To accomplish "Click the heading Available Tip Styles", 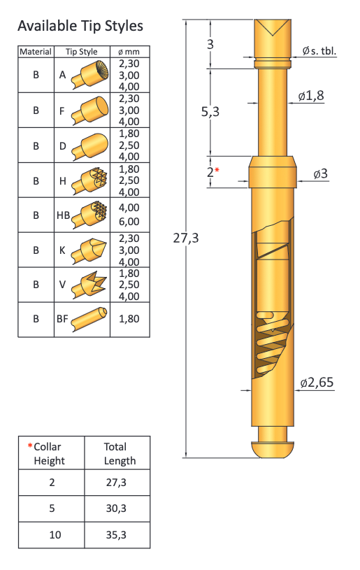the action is coord(80,26).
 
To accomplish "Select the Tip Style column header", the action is coord(81,52).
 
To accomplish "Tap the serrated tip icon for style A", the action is coord(90,75).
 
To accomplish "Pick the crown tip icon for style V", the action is coord(89,285).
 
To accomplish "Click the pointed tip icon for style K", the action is coord(89,250).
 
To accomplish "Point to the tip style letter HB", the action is coord(63,215).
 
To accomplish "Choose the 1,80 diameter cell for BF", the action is coord(129,319).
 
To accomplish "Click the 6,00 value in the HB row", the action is coord(129,222).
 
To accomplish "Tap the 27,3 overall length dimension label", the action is coord(186,238).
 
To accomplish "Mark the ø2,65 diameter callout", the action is coord(317,383).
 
